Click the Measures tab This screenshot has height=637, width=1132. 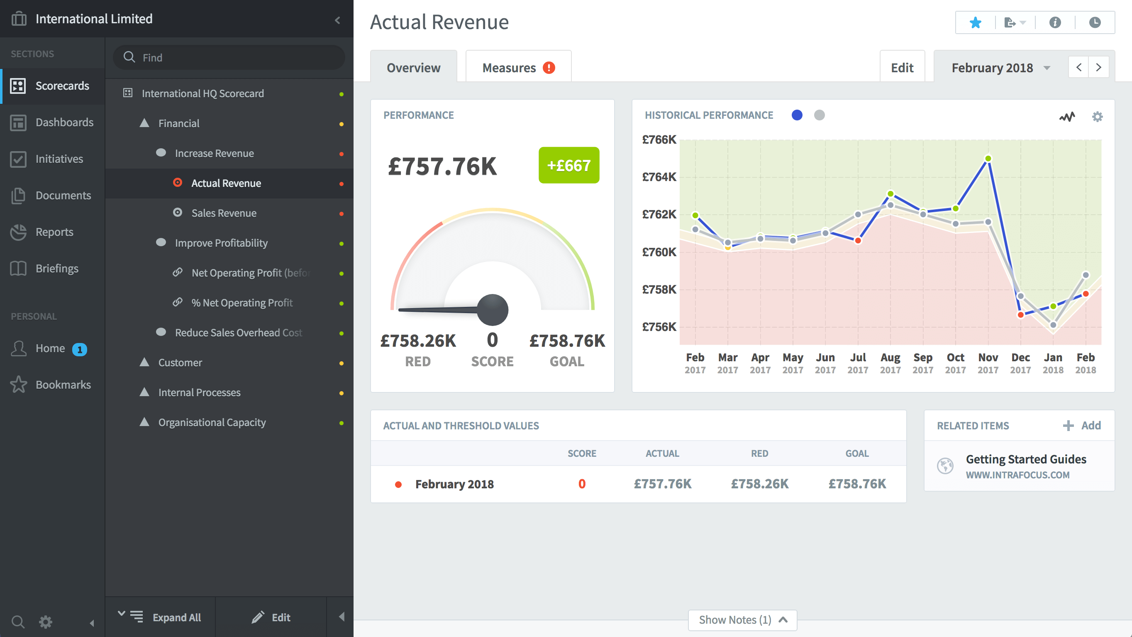518,68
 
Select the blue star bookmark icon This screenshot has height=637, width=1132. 975,22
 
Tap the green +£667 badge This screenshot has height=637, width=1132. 568,165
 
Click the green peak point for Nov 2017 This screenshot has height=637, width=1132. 988,159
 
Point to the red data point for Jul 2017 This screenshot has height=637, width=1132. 858,240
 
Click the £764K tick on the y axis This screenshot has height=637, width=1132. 659,177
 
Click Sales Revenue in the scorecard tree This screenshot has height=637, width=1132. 224,213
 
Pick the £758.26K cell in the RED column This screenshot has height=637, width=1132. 759,484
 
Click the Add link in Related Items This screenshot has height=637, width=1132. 1082,425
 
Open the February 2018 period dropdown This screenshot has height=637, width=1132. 1000,68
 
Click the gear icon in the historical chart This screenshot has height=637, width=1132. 1097,117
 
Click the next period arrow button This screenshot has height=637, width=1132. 1098,67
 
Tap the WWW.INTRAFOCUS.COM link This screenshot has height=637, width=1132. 1017,475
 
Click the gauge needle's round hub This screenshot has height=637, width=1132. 493,309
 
